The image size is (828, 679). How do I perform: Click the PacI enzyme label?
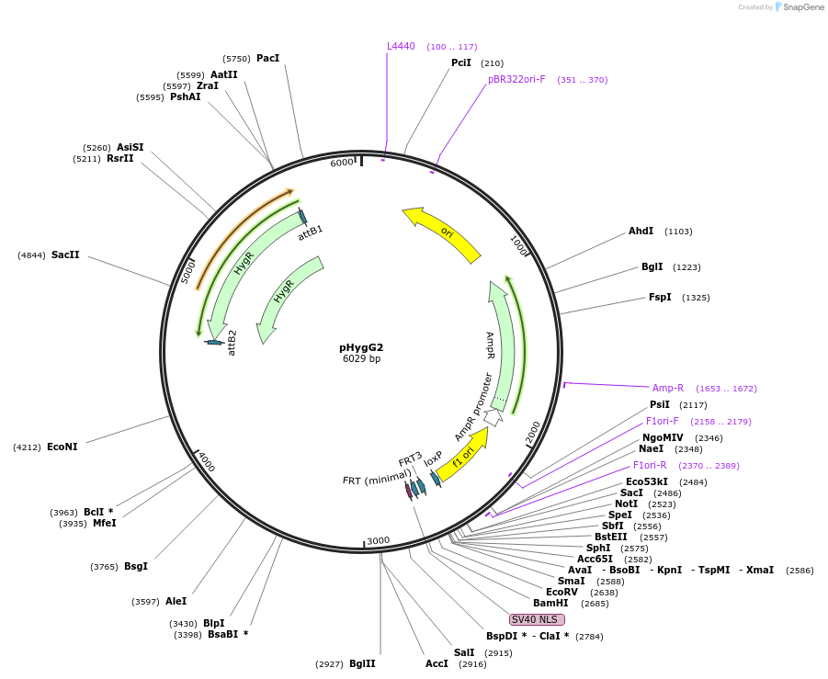click(x=267, y=58)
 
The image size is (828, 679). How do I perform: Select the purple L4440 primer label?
click(x=401, y=46)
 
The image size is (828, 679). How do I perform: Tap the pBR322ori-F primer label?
click(x=516, y=79)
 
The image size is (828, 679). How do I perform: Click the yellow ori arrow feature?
click(x=444, y=233)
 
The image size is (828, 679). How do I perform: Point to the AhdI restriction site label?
click(x=641, y=232)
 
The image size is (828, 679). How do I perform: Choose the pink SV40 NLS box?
click(x=538, y=619)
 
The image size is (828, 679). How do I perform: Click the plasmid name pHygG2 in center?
click(x=361, y=347)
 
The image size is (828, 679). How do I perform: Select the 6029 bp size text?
click(x=361, y=359)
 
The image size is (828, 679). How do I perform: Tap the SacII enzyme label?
click(x=65, y=255)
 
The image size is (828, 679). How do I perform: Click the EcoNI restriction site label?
click(x=62, y=447)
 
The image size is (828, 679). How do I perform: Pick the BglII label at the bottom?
click(x=362, y=663)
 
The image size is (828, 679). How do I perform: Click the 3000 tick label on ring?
click(x=379, y=540)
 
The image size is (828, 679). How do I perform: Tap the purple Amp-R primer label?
click(x=668, y=388)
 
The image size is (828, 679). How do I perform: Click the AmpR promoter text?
click(x=475, y=406)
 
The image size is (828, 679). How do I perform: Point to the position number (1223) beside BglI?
click(x=686, y=267)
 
